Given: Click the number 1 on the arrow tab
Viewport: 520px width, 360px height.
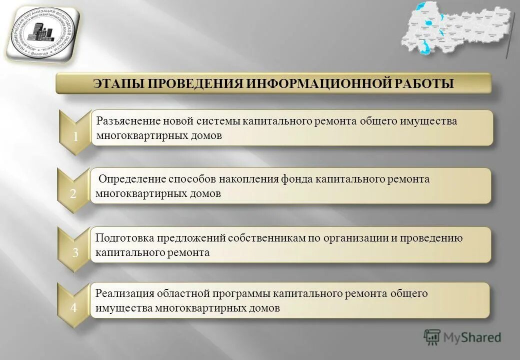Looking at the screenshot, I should pyautogui.click(x=75, y=137).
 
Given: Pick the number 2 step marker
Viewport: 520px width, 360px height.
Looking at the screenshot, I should pyautogui.click(x=73, y=195).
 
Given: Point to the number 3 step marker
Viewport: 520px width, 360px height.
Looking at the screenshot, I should pyautogui.click(x=75, y=253).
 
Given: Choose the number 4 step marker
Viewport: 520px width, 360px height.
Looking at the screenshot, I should pyautogui.click(x=73, y=308).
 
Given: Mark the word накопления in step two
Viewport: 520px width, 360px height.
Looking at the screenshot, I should pyautogui.click(x=258, y=179).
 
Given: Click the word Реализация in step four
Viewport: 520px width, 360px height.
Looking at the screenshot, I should pyautogui.click(x=124, y=293).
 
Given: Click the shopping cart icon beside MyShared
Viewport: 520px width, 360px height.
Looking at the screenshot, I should pyautogui.click(x=432, y=337).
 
